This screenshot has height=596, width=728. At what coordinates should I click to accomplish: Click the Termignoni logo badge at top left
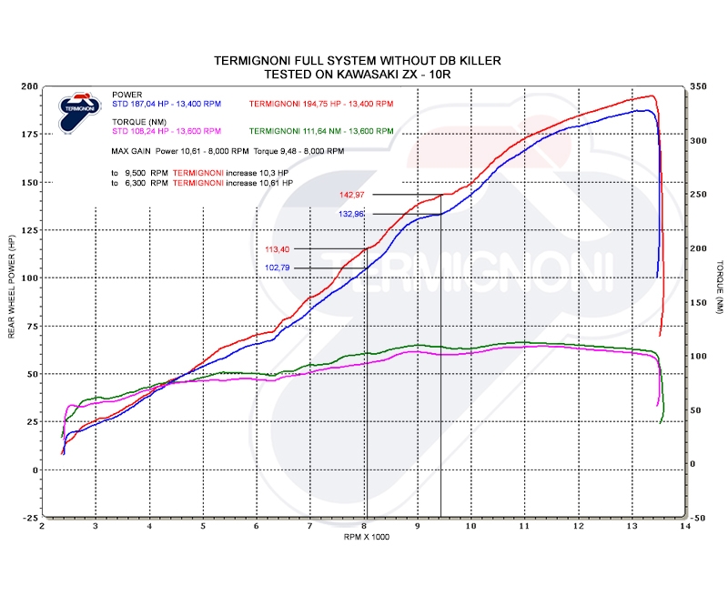[75, 110]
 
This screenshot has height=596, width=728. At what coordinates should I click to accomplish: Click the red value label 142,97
[351, 195]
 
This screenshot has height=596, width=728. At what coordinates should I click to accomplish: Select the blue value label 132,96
[351, 214]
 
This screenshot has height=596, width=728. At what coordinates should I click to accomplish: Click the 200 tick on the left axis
[30, 86]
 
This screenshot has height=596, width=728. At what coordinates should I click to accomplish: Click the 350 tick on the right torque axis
[698, 86]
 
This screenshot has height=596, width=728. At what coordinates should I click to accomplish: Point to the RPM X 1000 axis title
[361, 538]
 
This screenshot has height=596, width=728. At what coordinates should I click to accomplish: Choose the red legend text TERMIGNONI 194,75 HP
[320, 105]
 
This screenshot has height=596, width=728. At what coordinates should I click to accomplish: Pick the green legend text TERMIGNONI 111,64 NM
[320, 130]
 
